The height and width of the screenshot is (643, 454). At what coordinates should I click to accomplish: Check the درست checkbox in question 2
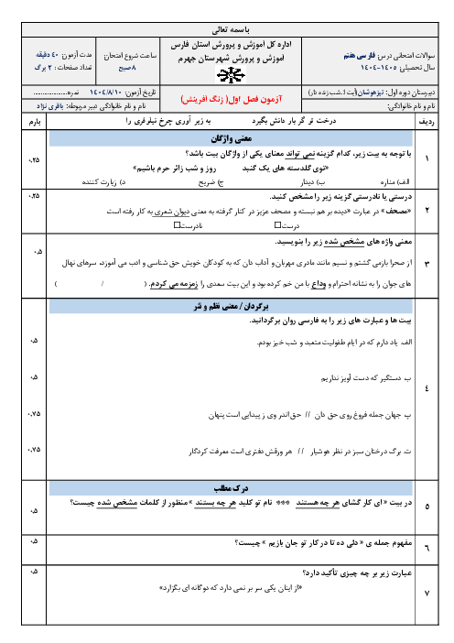[x=272, y=225]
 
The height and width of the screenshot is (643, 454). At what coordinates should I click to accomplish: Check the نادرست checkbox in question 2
[x=176, y=225]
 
